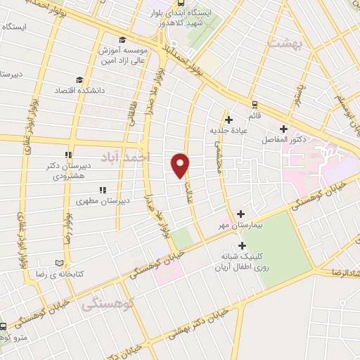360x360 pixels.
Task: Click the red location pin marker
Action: tap(181, 165)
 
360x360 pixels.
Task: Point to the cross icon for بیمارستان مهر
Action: tap(241, 213)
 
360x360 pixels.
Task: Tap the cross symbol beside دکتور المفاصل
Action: tap(283, 129)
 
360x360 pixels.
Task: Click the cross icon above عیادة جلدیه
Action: tap(229, 119)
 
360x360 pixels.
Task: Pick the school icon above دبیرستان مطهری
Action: tap(103, 189)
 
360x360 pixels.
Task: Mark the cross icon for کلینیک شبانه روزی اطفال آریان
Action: tap(243, 245)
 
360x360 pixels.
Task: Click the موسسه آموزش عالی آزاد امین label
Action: tap(123, 57)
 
